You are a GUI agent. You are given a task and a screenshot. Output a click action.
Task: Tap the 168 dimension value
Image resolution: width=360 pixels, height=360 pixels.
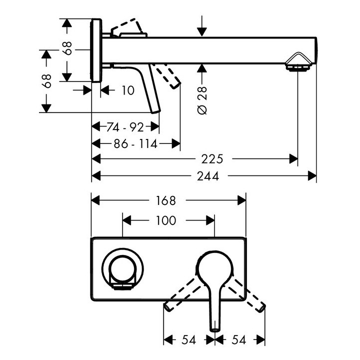(166, 200)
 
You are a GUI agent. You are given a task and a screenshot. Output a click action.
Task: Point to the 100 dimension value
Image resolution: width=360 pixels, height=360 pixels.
(165, 220)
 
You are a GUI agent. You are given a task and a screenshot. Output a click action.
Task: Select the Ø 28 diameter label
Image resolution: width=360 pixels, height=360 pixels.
(202, 100)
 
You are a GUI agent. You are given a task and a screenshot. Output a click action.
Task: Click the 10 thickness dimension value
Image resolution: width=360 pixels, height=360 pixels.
(127, 90)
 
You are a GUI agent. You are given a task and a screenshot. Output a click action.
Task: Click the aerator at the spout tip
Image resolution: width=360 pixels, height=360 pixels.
(298, 63)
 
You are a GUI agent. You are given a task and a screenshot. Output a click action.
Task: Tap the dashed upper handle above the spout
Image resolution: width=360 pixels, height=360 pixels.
(127, 27)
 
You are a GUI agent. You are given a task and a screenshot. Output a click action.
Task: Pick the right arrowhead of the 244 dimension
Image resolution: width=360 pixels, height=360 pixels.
(312, 175)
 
